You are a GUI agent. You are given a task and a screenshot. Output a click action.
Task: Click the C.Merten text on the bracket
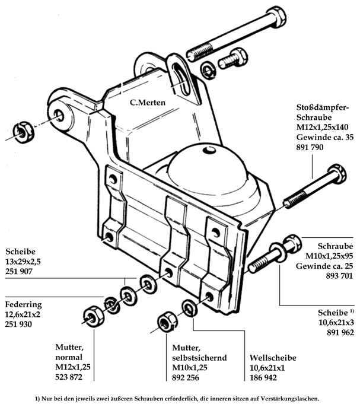click(x=148, y=102)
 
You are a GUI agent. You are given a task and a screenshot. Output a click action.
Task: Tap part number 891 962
click(x=337, y=333)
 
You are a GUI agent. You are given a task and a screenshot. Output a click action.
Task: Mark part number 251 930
click(x=20, y=324)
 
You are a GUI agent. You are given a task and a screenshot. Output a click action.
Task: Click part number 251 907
click(x=20, y=271)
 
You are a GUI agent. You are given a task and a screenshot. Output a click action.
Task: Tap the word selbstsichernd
click(x=200, y=358)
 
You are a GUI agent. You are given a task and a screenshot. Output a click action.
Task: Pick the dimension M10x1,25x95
click(x=327, y=256)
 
